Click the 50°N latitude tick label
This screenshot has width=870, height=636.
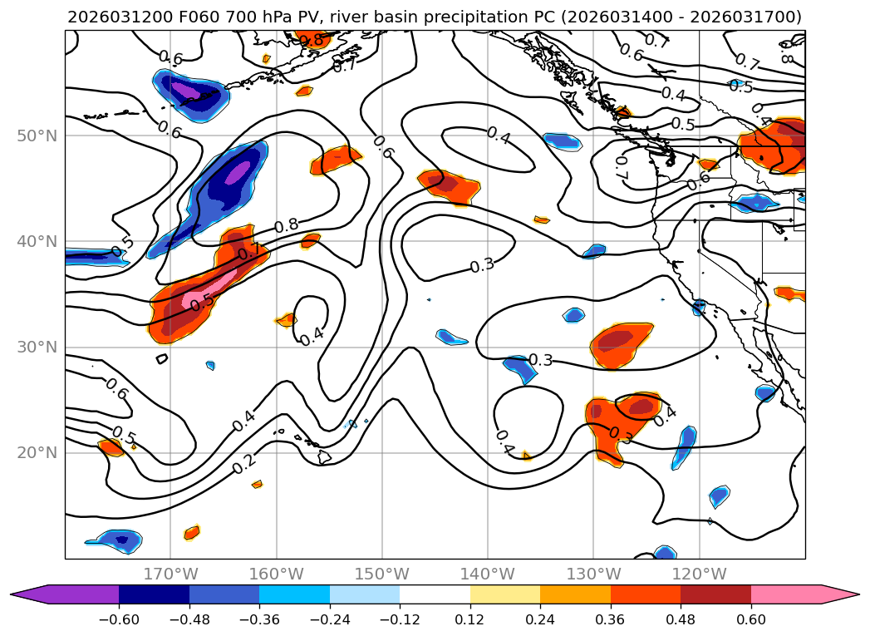(37, 136)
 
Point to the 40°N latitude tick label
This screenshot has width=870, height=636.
(37, 241)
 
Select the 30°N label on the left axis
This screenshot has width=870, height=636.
(37, 347)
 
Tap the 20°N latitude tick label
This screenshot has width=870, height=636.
(37, 452)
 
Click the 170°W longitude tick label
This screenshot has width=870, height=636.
(170, 574)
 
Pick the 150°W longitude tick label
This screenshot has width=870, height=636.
(381, 574)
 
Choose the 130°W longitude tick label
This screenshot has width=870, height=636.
(593, 574)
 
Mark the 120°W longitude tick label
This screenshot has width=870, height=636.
(699, 574)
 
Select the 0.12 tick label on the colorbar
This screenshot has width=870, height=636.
(470, 619)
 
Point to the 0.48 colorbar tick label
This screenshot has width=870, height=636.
(681, 619)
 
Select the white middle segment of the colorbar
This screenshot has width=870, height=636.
(435, 594)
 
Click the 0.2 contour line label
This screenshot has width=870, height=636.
(244, 465)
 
